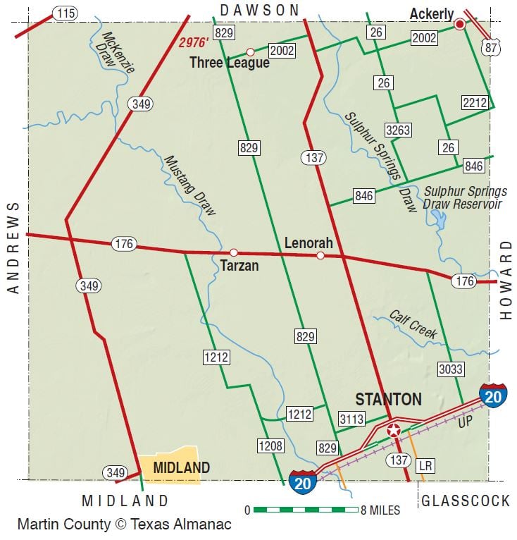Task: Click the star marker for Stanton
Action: (x=393, y=430)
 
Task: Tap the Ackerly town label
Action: (x=431, y=15)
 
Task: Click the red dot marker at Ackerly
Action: (x=460, y=24)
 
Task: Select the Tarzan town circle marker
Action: (x=233, y=252)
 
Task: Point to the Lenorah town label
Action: (x=308, y=243)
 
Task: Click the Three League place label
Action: (x=230, y=63)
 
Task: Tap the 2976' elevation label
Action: (x=192, y=42)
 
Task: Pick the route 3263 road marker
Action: (x=398, y=130)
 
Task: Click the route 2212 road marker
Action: (x=475, y=103)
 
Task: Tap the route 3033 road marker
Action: (x=450, y=368)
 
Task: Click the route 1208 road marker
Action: (x=270, y=446)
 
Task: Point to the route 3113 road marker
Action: (x=351, y=419)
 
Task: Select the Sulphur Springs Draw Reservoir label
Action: (x=464, y=198)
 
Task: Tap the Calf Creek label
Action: (x=413, y=324)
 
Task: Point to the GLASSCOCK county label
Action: (x=466, y=501)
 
